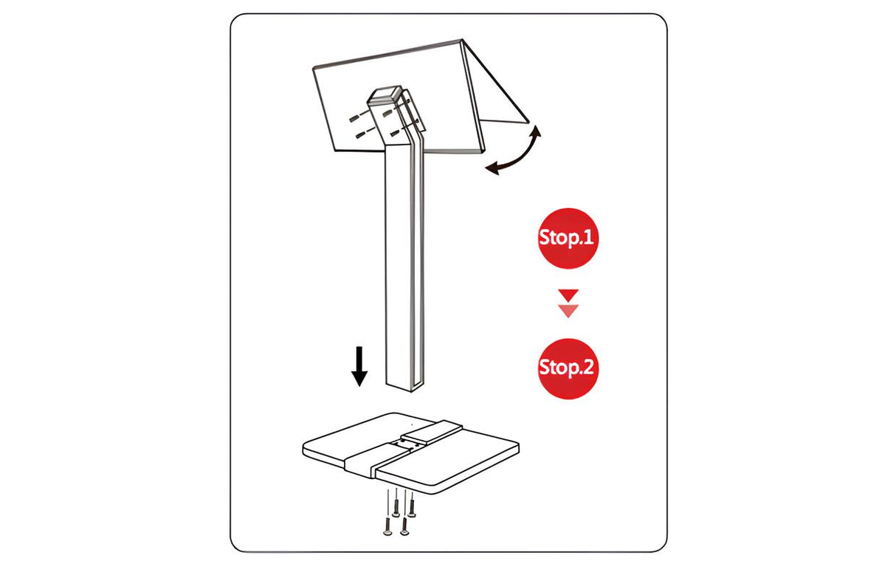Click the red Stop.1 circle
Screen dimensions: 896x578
(x=568, y=238)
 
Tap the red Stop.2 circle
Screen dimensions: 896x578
(x=568, y=368)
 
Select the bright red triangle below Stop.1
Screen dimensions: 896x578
(x=568, y=295)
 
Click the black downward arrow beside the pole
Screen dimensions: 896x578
(x=359, y=366)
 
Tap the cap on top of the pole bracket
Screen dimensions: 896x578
(x=385, y=94)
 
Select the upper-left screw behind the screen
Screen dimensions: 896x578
(x=354, y=118)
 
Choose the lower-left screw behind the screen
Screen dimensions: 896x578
(x=361, y=135)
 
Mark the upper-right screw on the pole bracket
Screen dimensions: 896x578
(x=388, y=114)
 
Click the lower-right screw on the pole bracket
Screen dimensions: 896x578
(x=396, y=133)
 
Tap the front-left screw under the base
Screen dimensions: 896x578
(x=387, y=527)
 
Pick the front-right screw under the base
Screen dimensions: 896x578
(x=404, y=526)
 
